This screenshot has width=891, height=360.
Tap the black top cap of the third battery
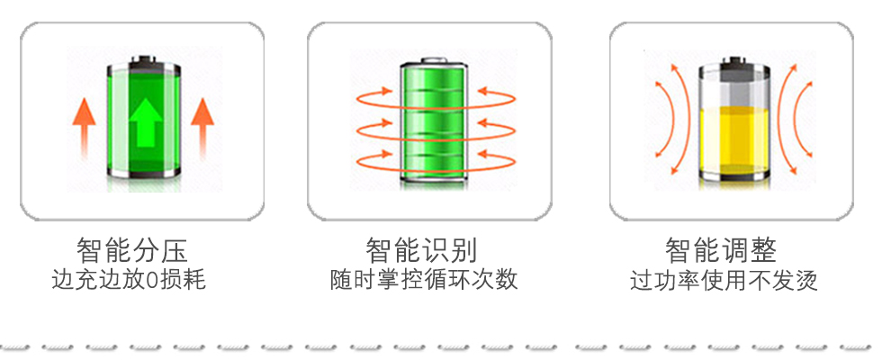click(734, 67)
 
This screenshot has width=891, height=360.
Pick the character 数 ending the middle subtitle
click(508, 279)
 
